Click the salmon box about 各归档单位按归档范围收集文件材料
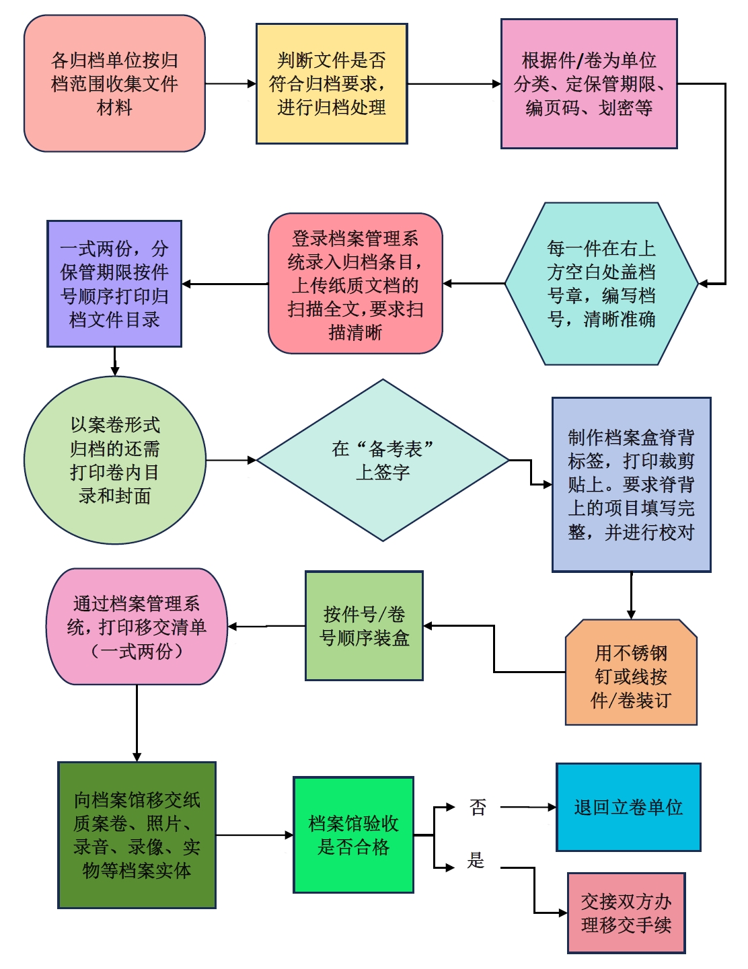tap(114, 83)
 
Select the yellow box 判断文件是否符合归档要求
tap(332, 83)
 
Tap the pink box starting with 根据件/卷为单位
tap(589, 83)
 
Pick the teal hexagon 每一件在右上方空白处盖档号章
tap(601, 284)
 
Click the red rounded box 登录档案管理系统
tap(355, 284)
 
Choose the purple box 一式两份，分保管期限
tap(114, 284)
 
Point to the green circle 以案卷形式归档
tap(115, 460)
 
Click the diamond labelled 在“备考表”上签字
tap(383, 460)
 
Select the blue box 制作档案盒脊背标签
tap(631, 484)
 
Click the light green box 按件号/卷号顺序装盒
tap(364, 626)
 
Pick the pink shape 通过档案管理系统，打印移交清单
tap(137, 627)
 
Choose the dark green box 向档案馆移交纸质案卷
tap(137, 835)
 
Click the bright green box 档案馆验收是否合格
tap(353, 835)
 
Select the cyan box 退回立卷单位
tap(628, 807)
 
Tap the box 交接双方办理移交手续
tap(626, 913)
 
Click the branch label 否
tap(478, 807)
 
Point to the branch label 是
tap(476, 860)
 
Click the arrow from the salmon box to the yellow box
tap(230, 84)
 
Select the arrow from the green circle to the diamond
tap(231, 461)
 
